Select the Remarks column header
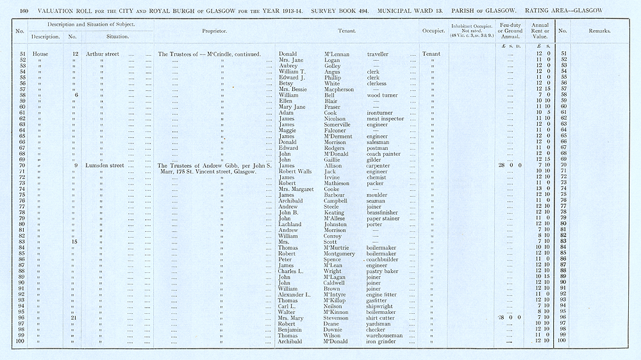(x=599, y=31)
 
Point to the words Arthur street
(x=105, y=54)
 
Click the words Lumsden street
(x=106, y=166)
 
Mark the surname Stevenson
(x=337, y=318)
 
